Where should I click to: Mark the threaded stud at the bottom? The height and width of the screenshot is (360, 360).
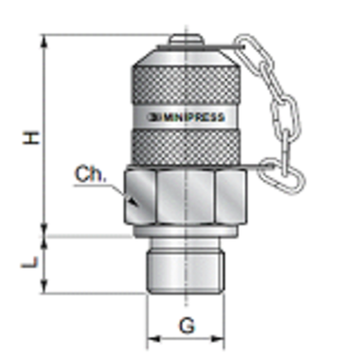point(187,270)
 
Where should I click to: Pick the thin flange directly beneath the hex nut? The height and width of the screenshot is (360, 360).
point(187,234)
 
